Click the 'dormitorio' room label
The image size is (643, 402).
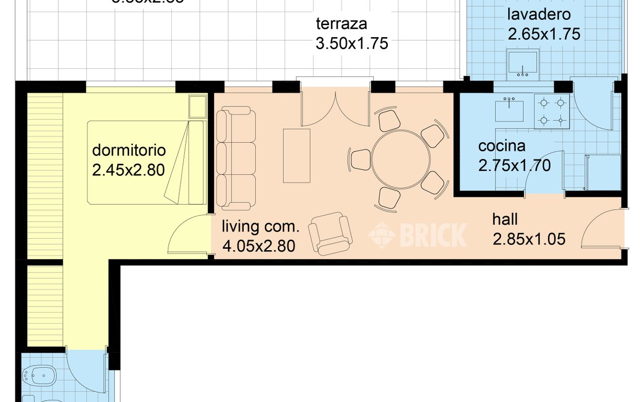[129, 150]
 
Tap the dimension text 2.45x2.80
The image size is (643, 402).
[129, 170]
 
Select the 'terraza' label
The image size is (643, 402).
[342, 24]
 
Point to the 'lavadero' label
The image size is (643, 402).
[539, 14]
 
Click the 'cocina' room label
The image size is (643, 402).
[502, 146]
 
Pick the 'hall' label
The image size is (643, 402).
[505, 219]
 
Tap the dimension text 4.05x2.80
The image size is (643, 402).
[258, 246]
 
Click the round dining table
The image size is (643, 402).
[401, 159]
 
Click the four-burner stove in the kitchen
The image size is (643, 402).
[551, 111]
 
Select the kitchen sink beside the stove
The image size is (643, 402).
[509, 111]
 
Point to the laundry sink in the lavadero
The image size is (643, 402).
[523, 64]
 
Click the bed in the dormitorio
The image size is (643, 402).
[146, 162]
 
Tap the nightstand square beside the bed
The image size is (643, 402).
[197, 106]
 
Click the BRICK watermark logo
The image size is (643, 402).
[417, 235]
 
